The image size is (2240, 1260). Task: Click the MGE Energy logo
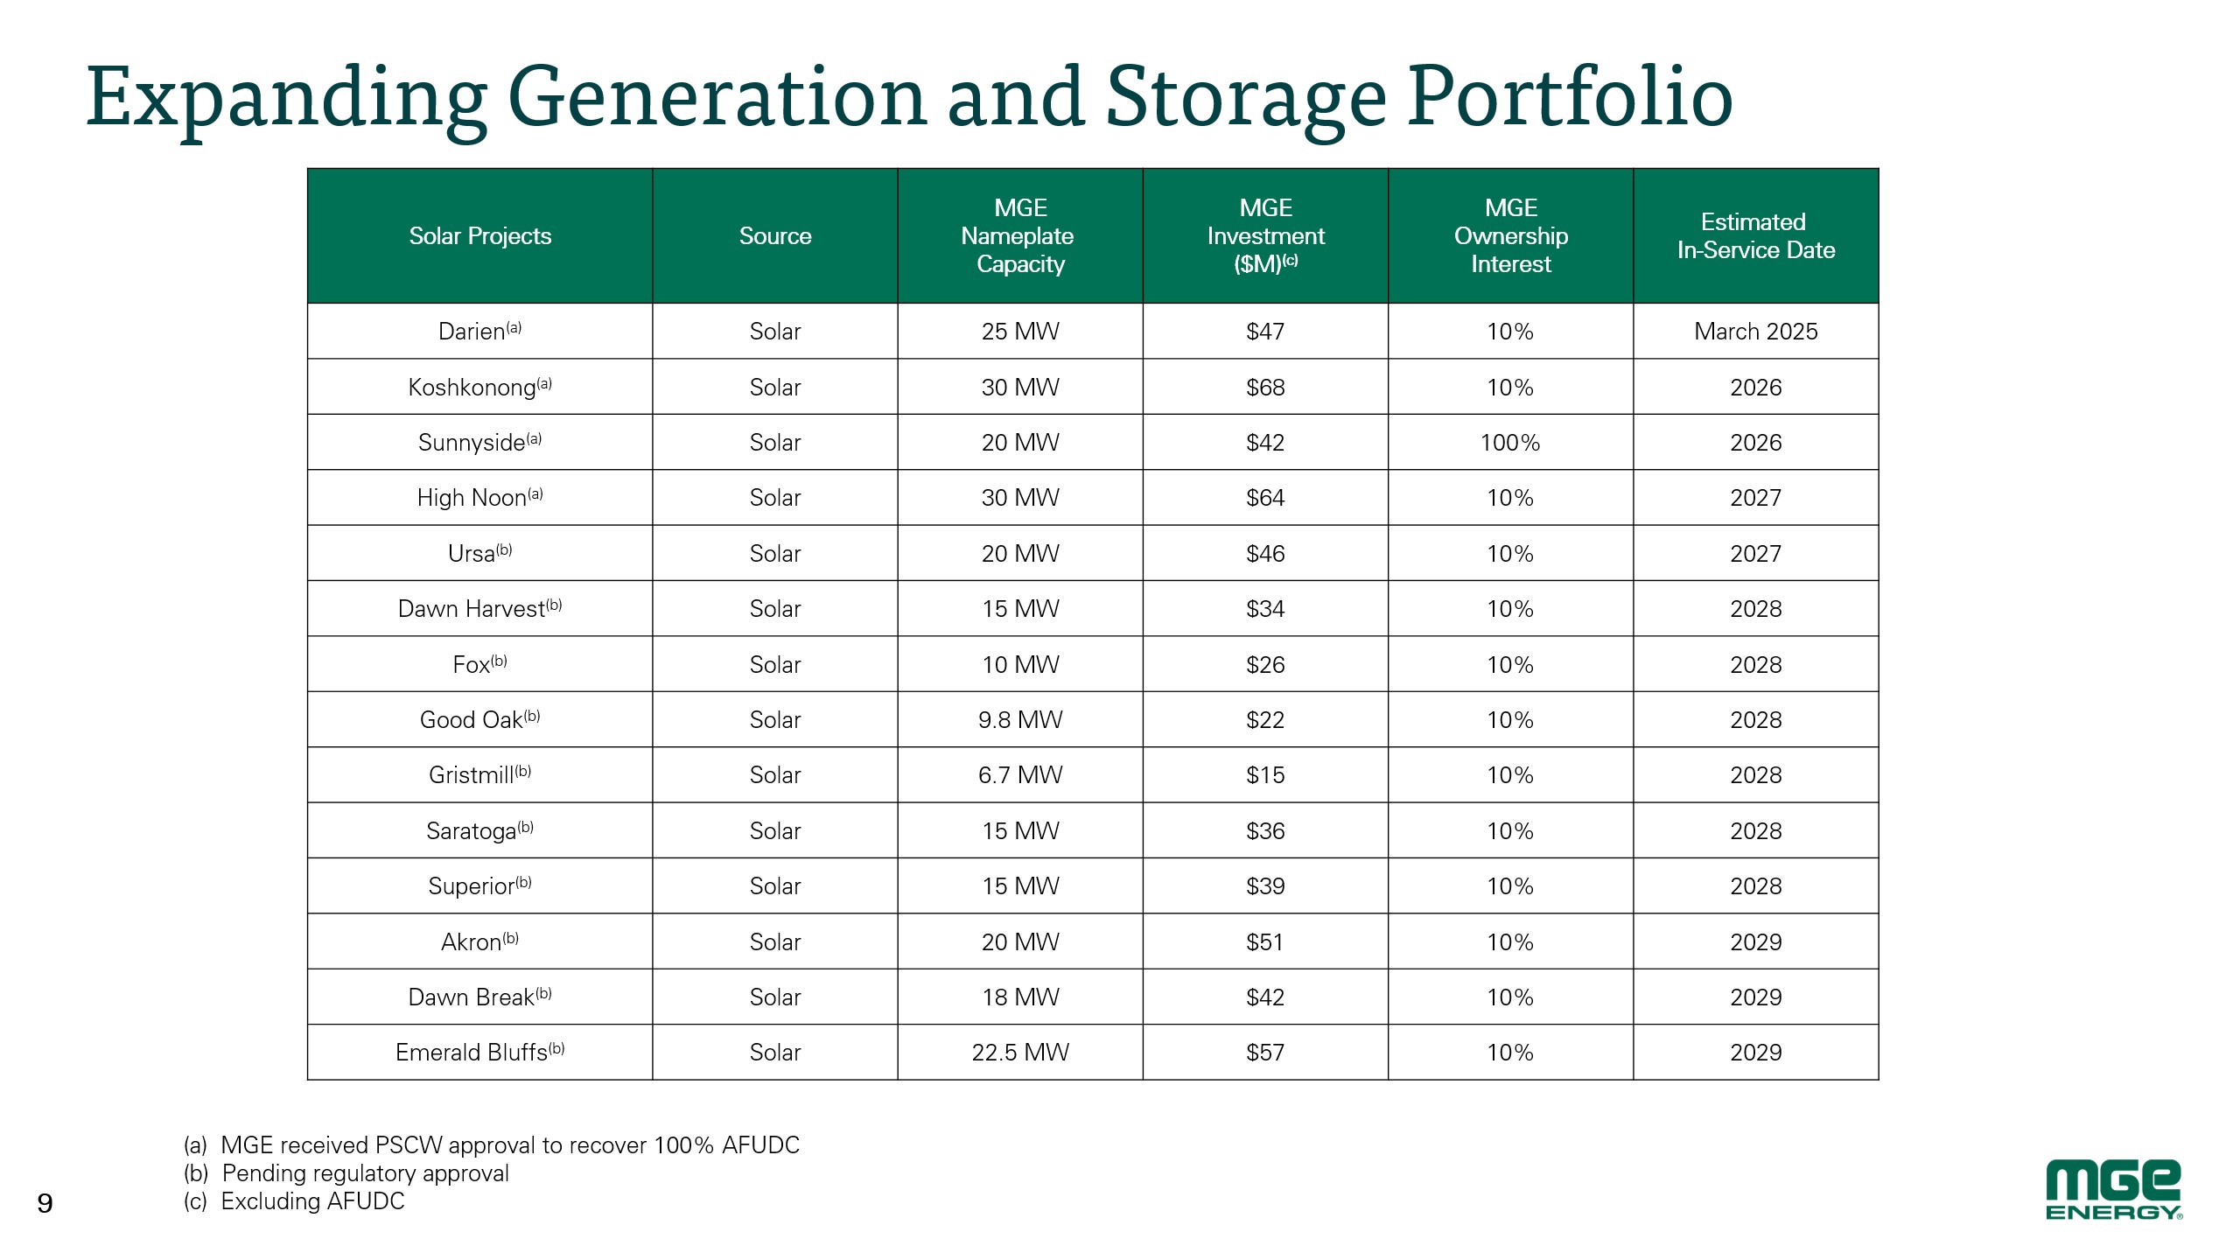[2113, 1189]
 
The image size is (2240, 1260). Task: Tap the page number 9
[45, 1204]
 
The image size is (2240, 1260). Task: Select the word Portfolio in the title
[1569, 97]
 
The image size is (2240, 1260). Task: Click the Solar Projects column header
[479, 236]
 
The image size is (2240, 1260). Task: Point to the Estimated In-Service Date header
[1755, 236]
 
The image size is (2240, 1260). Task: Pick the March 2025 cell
[1755, 332]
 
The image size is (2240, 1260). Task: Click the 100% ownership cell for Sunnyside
[1510, 443]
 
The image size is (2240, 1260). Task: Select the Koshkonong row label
[479, 387]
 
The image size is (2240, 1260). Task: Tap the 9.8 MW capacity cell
[1020, 720]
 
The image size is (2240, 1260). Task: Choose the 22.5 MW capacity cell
[1020, 1053]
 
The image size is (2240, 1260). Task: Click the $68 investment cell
[1265, 388]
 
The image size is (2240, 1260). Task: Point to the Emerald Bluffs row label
[479, 1052]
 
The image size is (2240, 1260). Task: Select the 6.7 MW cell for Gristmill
[1020, 775]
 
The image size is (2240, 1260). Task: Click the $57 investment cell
[1265, 1053]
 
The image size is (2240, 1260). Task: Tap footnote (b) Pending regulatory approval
[346, 1173]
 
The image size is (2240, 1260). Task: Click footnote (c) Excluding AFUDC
[295, 1201]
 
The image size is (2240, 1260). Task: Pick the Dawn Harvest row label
[479, 609]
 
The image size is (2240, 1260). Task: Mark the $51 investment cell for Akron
[1265, 942]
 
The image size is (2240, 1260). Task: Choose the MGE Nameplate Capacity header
[1020, 236]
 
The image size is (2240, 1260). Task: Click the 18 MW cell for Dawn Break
[1020, 997]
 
